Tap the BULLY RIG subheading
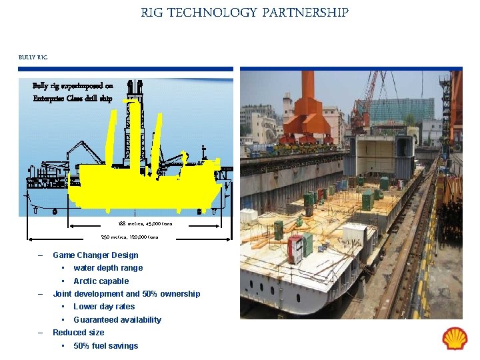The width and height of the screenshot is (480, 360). pyautogui.click(x=33, y=57)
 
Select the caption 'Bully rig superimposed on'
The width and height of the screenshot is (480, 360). pyautogui.click(x=73, y=85)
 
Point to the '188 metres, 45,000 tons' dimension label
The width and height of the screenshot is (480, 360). pyautogui.click(x=145, y=223)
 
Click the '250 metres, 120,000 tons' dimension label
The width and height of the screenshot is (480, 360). pyautogui.click(x=129, y=237)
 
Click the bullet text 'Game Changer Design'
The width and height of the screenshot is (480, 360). pyautogui.click(x=95, y=255)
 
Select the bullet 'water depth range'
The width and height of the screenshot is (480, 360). pyautogui.click(x=108, y=267)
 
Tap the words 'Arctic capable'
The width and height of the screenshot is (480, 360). pyautogui.click(x=101, y=281)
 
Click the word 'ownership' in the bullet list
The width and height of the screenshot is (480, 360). pyautogui.click(x=179, y=293)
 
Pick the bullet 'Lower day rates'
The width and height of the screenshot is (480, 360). pyautogui.click(x=104, y=307)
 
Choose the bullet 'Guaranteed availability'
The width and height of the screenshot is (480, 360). pyautogui.click(x=117, y=319)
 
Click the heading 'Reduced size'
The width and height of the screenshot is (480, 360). pyautogui.click(x=78, y=332)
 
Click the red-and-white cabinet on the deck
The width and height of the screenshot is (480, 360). pyautogui.click(x=295, y=249)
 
